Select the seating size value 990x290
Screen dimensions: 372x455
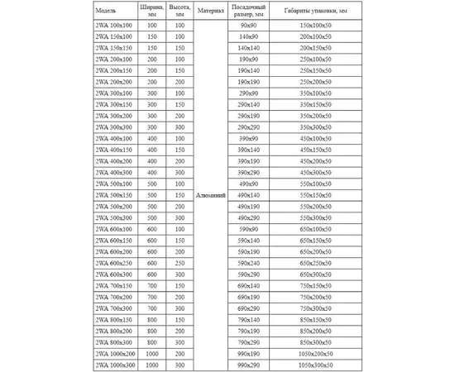click(249, 363)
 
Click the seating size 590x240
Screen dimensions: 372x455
click(249, 262)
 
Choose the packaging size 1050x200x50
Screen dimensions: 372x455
click(316, 352)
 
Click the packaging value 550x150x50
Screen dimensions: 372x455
click(316, 195)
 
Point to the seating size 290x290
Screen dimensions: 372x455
click(249, 127)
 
